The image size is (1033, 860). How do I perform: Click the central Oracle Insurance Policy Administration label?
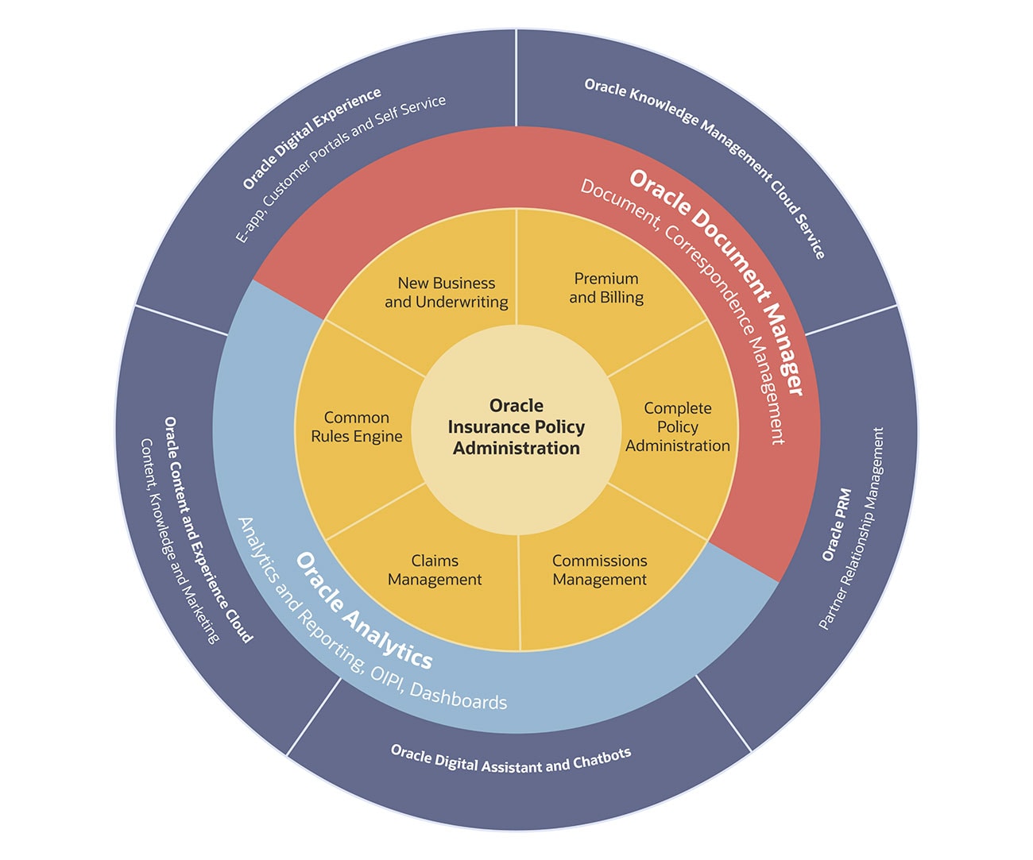[516, 427]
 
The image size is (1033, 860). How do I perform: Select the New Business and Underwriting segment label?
[447, 292]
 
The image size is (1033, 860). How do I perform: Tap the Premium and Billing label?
[606, 288]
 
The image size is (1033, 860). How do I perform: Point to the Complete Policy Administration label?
[678, 427]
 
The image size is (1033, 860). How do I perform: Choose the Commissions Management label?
[600, 570]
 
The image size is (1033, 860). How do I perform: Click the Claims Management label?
[435, 570]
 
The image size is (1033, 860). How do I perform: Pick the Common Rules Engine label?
[357, 427]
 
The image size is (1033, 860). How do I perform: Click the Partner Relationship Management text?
[852, 528]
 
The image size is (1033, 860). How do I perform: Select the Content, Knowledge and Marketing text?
[179, 540]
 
